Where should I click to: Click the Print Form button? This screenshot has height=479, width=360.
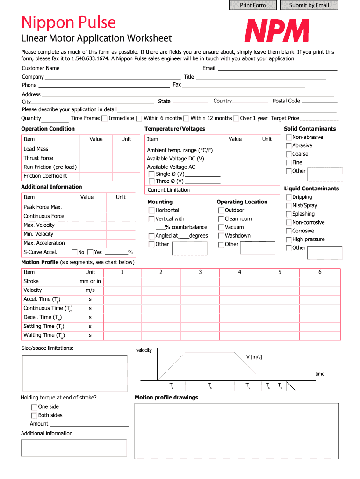click(x=252, y=5)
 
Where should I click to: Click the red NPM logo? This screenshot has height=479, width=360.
click(x=276, y=31)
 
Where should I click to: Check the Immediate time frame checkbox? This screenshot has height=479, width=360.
click(x=105, y=118)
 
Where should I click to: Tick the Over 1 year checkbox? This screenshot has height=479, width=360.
click(x=236, y=118)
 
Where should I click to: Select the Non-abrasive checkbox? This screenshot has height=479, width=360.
click(x=288, y=138)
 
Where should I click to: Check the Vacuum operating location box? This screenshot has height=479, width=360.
click(x=221, y=227)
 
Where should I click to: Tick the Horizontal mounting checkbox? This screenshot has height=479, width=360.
click(x=151, y=210)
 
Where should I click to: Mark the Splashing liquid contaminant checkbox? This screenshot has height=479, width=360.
click(x=288, y=214)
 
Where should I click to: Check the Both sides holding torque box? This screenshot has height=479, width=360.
click(x=34, y=415)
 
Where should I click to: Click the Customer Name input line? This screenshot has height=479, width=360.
click(x=127, y=69)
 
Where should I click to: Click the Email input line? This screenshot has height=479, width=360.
click(x=277, y=69)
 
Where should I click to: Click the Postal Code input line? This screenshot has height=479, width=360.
click(x=319, y=101)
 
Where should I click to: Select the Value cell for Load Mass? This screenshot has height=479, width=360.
click(x=96, y=149)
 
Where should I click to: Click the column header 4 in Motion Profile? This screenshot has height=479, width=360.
click(x=240, y=272)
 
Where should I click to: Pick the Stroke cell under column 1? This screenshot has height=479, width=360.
click(x=122, y=281)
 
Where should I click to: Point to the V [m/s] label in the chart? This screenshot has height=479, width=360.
click(x=254, y=357)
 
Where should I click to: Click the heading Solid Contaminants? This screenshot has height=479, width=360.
click(x=310, y=129)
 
